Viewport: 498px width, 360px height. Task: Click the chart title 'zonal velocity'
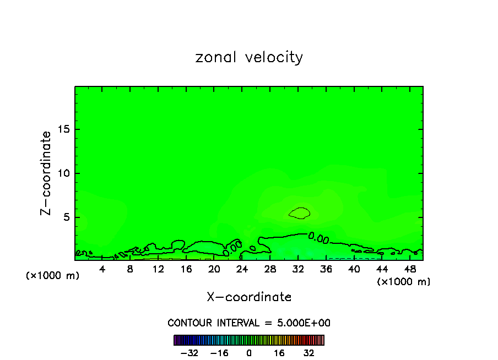[249, 57]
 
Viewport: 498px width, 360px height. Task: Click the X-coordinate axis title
[249, 297]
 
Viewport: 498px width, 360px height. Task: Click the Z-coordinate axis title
[46, 173]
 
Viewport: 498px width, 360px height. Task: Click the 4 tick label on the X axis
[102, 269]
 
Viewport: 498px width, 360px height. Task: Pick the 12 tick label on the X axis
[158, 269]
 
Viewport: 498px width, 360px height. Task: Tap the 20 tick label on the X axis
[214, 269]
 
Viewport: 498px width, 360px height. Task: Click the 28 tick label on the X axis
[270, 269]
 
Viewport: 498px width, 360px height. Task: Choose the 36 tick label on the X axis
[326, 269]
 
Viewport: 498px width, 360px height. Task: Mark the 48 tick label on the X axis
[410, 269]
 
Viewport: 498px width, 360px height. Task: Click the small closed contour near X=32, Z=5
[300, 213]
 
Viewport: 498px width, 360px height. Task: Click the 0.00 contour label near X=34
[318, 238]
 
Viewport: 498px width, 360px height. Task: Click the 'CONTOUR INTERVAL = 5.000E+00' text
[249, 323]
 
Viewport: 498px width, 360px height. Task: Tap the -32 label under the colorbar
[189, 353]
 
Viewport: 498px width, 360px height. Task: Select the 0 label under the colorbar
[249, 353]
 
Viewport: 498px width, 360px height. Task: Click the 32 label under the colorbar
[308, 353]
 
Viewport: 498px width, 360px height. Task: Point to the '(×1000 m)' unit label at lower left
[53, 276]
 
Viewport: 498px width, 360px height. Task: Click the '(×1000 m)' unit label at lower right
[404, 282]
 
